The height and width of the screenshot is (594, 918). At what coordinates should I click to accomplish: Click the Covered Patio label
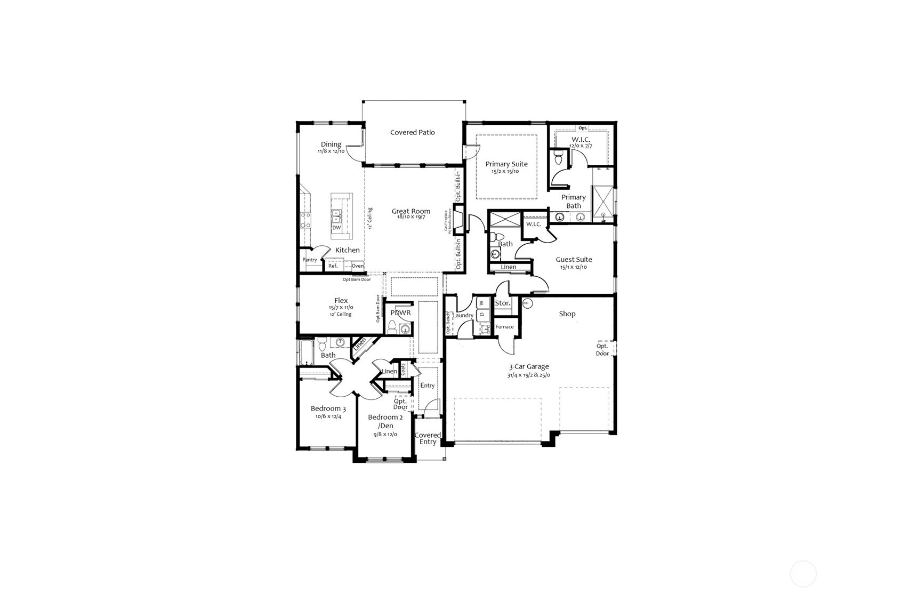pyautogui.click(x=412, y=132)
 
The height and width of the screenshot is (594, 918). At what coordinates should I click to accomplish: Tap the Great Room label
pyautogui.click(x=410, y=211)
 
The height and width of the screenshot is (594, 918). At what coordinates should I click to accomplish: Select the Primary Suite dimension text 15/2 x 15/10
pyautogui.click(x=505, y=172)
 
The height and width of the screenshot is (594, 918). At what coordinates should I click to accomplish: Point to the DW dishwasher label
pyautogui.click(x=336, y=228)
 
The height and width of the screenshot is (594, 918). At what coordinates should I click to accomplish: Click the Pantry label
pyautogui.click(x=310, y=260)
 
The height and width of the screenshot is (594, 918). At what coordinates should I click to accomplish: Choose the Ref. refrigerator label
pyautogui.click(x=333, y=266)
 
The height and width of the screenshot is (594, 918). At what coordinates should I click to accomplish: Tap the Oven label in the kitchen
pyautogui.click(x=357, y=266)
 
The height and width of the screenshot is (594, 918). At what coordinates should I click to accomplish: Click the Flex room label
pyautogui.click(x=341, y=301)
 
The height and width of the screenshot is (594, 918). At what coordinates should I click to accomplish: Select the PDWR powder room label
pyautogui.click(x=400, y=313)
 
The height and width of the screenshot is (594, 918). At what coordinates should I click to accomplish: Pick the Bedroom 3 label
pyautogui.click(x=328, y=409)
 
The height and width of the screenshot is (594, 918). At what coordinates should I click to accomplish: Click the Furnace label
pyautogui.click(x=504, y=327)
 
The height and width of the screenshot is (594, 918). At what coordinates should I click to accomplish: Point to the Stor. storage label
pyautogui.click(x=503, y=303)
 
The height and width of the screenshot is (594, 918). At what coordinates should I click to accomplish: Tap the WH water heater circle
pyautogui.click(x=526, y=303)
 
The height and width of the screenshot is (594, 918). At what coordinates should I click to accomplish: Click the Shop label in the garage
pyautogui.click(x=567, y=314)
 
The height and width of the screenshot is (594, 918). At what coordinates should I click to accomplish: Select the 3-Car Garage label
pyautogui.click(x=528, y=367)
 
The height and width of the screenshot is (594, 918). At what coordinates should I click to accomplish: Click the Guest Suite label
pyautogui.click(x=574, y=260)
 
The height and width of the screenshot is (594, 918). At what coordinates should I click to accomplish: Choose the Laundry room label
pyautogui.click(x=463, y=316)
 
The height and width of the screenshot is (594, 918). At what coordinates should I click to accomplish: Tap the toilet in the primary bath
pyautogui.click(x=559, y=158)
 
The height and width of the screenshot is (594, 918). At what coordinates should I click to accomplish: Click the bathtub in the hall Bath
pyautogui.click(x=307, y=352)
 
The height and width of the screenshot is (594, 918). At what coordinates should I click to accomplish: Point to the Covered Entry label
pyautogui.click(x=428, y=438)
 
